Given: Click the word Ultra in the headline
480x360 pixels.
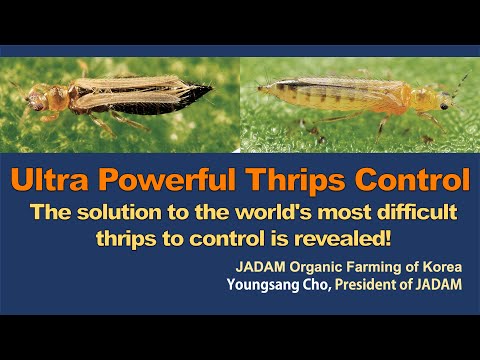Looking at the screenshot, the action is [x=50, y=180].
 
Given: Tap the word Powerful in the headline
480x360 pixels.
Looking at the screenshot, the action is [x=167, y=180].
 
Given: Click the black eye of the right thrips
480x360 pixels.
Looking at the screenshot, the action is [x=444, y=106].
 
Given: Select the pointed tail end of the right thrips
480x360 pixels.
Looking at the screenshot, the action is [x=263, y=89].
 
